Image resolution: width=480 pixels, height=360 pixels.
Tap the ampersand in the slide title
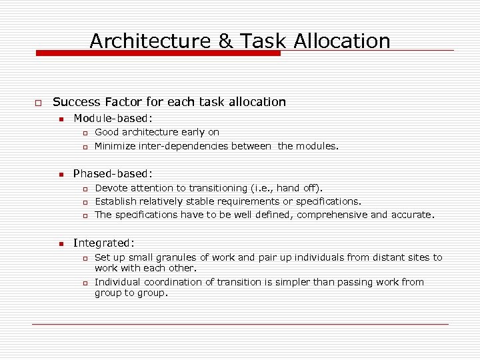click(227, 41)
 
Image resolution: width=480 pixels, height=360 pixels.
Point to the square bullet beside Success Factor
click(39, 103)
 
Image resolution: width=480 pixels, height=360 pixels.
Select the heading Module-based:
click(113, 118)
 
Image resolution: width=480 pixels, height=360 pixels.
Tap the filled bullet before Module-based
click(60, 119)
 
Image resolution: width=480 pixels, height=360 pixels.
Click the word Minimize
click(117, 145)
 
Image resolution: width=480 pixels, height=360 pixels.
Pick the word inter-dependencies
click(193, 145)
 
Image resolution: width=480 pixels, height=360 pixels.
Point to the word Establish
click(117, 201)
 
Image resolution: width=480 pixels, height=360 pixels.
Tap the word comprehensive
click(332, 215)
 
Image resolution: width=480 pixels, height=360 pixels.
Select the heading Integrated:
click(103, 243)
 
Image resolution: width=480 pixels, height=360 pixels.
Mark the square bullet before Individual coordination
click(85, 283)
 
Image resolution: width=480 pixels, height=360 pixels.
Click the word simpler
click(288, 282)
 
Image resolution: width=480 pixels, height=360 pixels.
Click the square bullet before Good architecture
click(85, 133)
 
